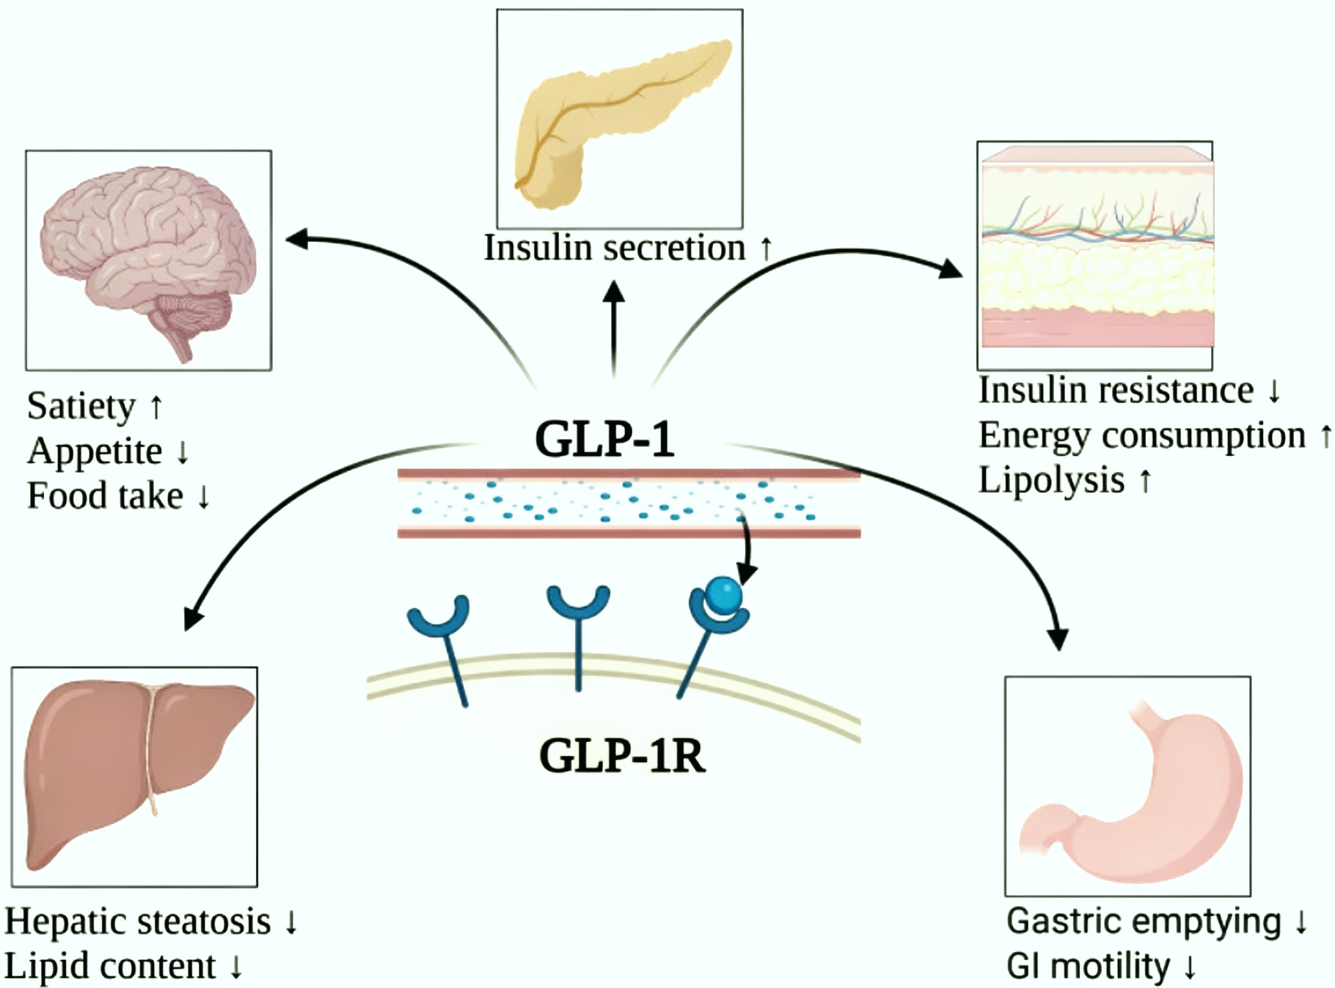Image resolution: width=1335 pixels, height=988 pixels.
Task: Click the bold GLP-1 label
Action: pos(604,439)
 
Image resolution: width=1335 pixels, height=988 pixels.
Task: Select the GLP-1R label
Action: pos(622,756)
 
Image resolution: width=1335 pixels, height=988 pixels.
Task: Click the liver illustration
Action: pos(136,770)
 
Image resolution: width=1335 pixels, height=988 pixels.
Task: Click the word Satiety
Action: pos(81,406)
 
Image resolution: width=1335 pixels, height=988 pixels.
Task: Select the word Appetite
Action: pos(95,451)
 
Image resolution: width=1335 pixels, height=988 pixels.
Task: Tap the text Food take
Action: pos(105,495)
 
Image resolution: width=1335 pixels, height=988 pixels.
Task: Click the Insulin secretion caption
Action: pos(615,248)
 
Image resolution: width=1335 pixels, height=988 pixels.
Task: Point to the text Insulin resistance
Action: pos(1116,389)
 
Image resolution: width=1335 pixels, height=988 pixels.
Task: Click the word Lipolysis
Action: pos(1051,480)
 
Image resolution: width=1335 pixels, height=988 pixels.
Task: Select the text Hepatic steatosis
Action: pos(138,921)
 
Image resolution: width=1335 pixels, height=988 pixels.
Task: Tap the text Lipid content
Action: pos(110,966)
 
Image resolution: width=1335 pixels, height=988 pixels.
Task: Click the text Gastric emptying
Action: pos(1144,921)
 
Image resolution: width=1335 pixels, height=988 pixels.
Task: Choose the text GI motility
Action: pos(1088,966)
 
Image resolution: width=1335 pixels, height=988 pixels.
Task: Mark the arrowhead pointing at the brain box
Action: pos(295,238)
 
